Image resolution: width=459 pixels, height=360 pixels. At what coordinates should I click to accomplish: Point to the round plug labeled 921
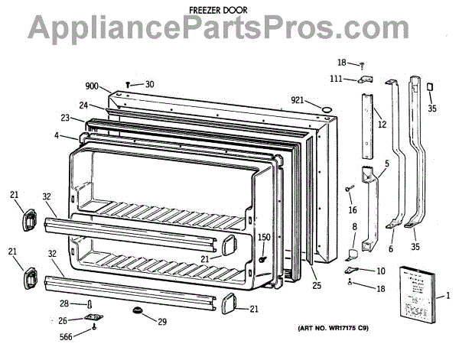(x=327, y=111)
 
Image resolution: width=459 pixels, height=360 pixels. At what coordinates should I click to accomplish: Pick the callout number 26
(x=74, y=319)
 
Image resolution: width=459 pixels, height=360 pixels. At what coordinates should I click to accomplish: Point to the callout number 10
(x=380, y=271)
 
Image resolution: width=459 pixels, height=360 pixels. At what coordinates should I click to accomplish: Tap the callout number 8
(x=354, y=227)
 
